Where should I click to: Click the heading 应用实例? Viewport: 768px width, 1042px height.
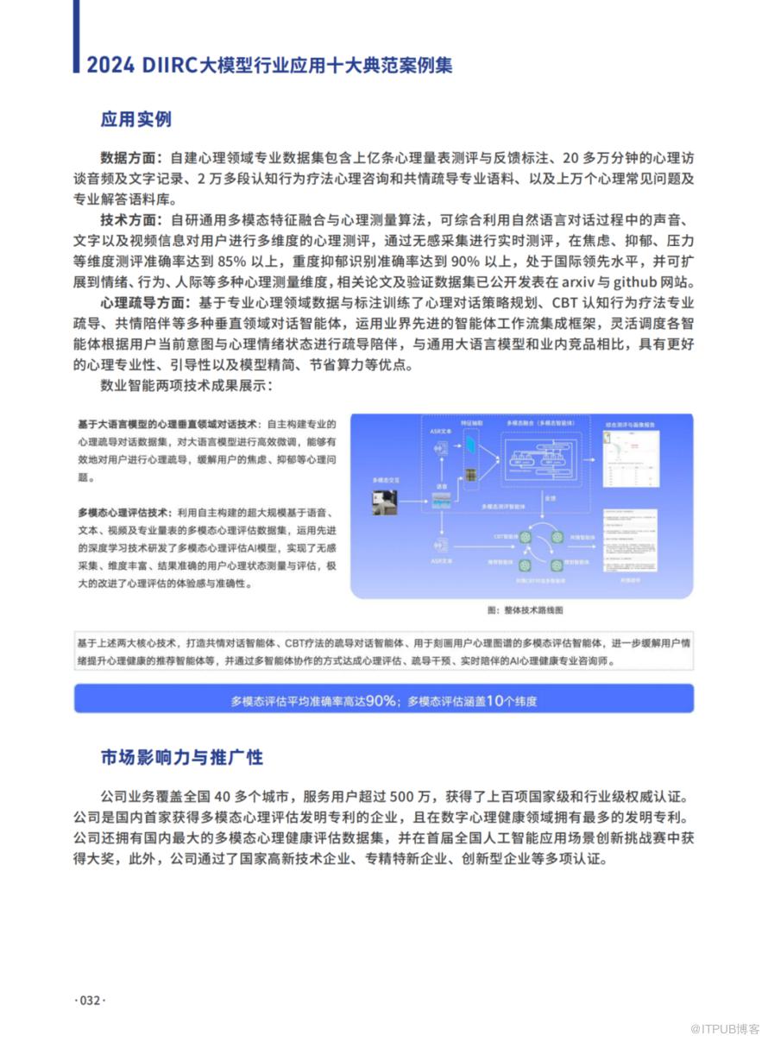click(x=135, y=119)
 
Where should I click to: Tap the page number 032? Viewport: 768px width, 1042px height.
click(x=90, y=1001)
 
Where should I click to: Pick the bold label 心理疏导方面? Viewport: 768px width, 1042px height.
click(x=143, y=303)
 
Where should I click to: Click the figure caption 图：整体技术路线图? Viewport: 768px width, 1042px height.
click(x=525, y=610)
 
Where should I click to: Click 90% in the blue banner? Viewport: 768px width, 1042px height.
click(x=380, y=700)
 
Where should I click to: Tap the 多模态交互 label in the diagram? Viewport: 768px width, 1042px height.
click(x=385, y=477)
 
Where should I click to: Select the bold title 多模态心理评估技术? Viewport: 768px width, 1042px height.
click(x=123, y=512)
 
